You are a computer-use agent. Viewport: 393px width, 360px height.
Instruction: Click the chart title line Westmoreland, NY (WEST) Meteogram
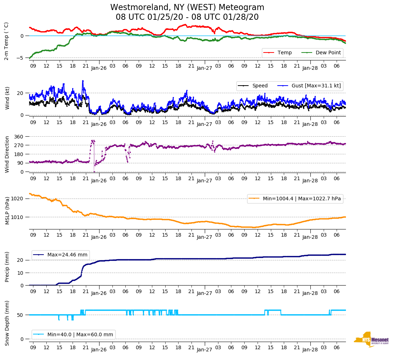pyautogui.click(x=187, y=8)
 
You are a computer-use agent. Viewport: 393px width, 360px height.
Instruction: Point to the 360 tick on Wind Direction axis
pyautogui.click(x=20, y=137)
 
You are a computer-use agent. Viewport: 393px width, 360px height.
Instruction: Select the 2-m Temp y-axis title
pyautogui.click(x=6, y=41)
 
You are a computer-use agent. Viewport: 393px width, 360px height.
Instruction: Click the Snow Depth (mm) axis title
pyautogui.click(x=7, y=323)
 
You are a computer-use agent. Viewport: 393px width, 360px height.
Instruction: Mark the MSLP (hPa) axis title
pyautogui.click(x=7, y=211)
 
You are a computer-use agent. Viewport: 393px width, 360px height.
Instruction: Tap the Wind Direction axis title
pyautogui.click(x=7, y=154)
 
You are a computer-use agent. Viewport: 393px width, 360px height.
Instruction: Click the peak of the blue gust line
pyautogui.click(x=83, y=81)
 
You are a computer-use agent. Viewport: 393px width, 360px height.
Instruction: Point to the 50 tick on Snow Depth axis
pyautogui.click(x=21, y=315)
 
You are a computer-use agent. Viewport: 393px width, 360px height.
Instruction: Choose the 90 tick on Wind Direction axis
pyautogui.click(x=21, y=163)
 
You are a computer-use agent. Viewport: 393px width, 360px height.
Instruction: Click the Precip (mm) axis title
pyautogui.click(x=7, y=267)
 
